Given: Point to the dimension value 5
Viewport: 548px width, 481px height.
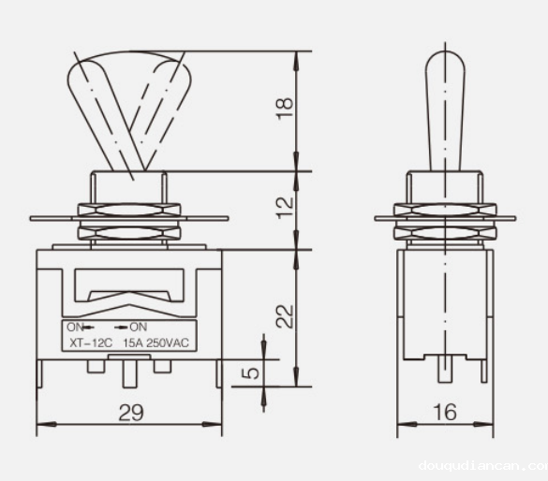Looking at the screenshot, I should click(250, 372).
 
